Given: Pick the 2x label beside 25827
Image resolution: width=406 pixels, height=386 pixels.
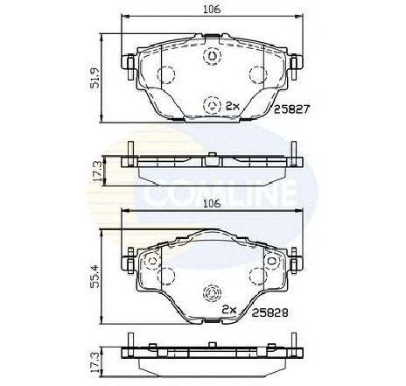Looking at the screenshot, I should [x=233, y=105].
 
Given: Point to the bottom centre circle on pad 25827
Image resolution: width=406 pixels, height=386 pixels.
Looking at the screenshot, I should [x=210, y=105].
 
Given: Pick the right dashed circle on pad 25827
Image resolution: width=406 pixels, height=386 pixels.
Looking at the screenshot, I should [x=255, y=74].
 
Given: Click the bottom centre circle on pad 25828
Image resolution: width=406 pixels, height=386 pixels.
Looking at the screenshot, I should [x=210, y=294].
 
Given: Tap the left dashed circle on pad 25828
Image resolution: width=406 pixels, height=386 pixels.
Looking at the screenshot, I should [x=151, y=263].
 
